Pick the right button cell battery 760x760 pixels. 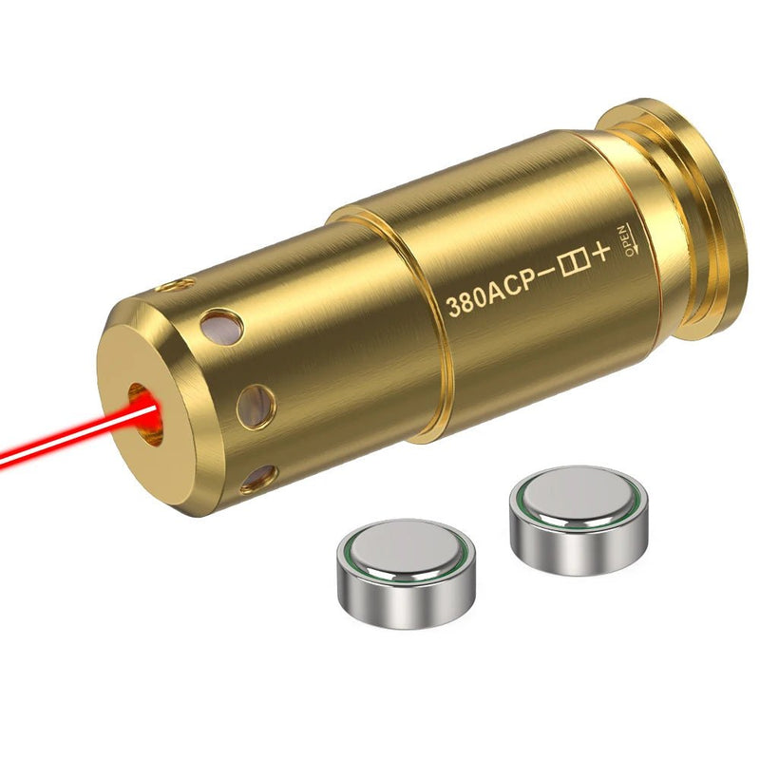point(579,518)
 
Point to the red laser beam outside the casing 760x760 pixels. point(57,439)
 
